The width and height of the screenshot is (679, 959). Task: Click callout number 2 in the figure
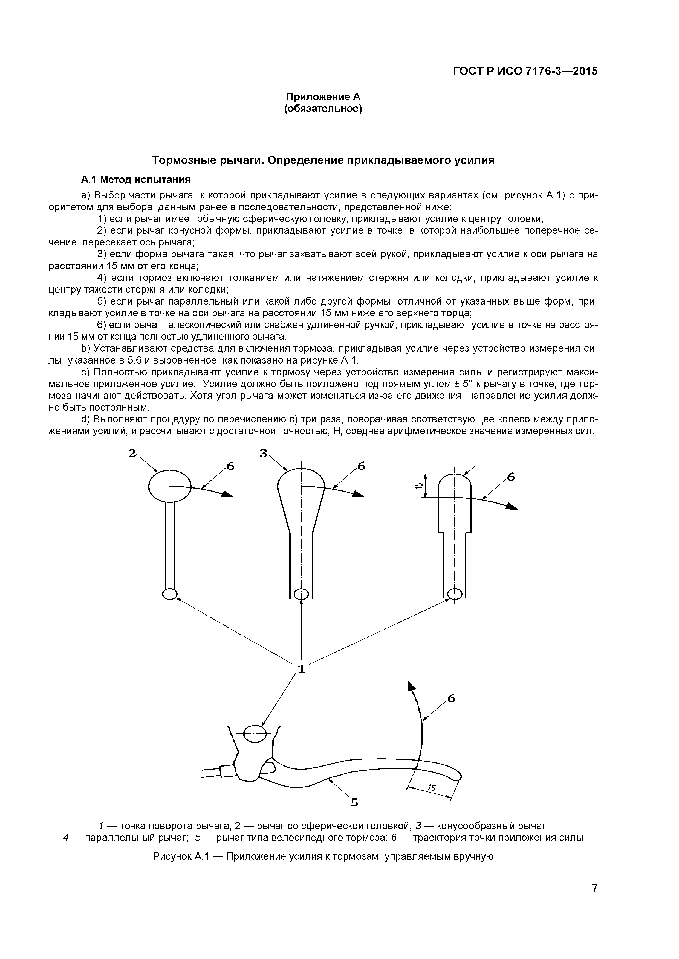point(132,453)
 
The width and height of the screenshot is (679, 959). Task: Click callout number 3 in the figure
point(263,453)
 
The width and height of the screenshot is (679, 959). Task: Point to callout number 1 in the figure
point(301,669)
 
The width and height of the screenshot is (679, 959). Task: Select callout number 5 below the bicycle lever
point(354,802)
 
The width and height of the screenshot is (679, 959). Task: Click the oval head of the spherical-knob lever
point(170,485)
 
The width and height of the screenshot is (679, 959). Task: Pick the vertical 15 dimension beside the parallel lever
point(418,485)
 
